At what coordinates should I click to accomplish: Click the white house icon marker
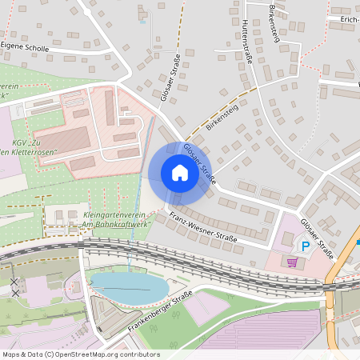click(x=179, y=173)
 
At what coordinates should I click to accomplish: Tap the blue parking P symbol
click(x=304, y=246)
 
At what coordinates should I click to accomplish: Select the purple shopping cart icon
click(x=293, y=262)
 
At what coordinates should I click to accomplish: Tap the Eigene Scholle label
click(x=25, y=48)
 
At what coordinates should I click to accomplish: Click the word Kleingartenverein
click(x=111, y=215)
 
